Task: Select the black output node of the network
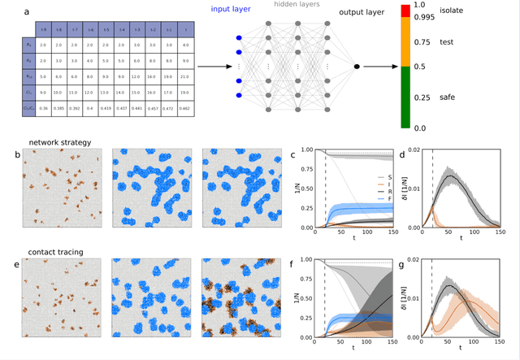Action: click(x=357, y=67)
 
